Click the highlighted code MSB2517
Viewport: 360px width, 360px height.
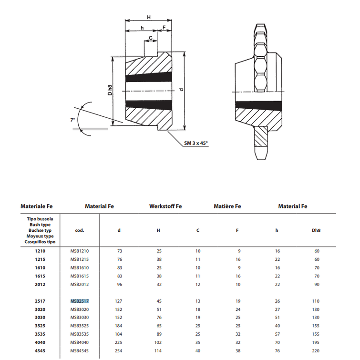pos(80,301)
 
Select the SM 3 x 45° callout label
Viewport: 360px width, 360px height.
pos(196,143)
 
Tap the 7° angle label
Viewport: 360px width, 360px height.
pos(72,121)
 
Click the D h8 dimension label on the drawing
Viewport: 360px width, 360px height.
pos(109,90)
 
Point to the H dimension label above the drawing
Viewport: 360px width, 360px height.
pos(149,17)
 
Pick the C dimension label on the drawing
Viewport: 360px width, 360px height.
pos(151,37)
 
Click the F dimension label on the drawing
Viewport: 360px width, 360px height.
pos(164,28)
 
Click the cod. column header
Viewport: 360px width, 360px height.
pos(80,230)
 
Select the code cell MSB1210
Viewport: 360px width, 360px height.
pos(80,251)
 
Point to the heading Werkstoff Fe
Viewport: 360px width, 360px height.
pos(165,206)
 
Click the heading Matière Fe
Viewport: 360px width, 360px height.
pos(227,206)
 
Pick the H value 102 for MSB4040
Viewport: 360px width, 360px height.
pos(159,343)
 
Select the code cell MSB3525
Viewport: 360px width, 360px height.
pos(80,326)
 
